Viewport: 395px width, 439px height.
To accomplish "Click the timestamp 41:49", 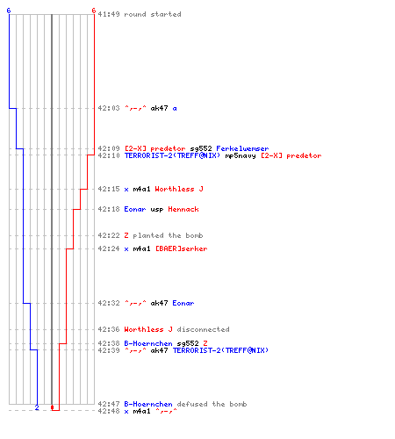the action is click(x=109, y=14).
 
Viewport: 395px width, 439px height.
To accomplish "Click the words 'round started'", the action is click(x=153, y=14).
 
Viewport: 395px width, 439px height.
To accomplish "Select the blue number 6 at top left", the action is click(x=9, y=11).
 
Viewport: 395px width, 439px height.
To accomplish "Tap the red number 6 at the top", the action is click(x=94, y=11).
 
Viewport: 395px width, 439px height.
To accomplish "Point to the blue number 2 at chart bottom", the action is click(x=37, y=407).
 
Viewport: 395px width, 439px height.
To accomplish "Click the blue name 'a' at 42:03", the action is click(x=175, y=109).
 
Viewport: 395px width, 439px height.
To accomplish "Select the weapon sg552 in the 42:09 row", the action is click(x=201, y=148).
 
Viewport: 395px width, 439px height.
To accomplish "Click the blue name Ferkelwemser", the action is click(x=242, y=148).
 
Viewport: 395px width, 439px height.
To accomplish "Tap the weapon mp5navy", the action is click(x=241, y=155).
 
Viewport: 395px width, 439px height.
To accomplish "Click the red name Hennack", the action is click(x=183, y=209).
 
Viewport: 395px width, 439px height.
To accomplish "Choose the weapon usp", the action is click(x=157, y=210).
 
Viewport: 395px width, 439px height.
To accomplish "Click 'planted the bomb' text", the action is click(x=168, y=235).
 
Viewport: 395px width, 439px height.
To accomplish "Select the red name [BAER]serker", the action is click(x=181, y=248).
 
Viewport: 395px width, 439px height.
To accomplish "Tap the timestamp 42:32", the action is click(x=109, y=303).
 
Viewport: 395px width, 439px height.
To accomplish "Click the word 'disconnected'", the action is click(x=203, y=329).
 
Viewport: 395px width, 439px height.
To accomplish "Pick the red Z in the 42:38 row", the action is click(x=205, y=343).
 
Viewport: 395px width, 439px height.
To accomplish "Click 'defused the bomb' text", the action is click(x=212, y=404).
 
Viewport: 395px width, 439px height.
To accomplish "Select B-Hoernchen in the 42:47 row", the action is click(x=148, y=404).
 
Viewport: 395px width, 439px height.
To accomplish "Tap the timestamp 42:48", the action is click(x=109, y=411).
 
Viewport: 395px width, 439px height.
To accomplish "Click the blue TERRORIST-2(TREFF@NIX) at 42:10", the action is click(x=172, y=155).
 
